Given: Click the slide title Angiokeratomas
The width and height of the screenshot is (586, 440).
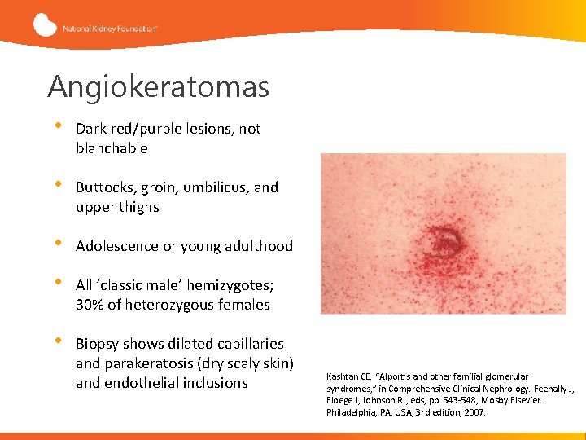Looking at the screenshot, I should pyautogui.click(x=158, y=86).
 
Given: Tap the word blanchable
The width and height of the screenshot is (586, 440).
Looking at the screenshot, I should pyautogui.click(x=112, y=148).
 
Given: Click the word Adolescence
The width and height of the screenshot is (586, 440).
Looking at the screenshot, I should pyautogui.click(x=117, y=246).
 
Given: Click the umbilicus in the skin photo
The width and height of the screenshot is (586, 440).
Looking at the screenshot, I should pyautogui.click(x=444, y=238).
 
